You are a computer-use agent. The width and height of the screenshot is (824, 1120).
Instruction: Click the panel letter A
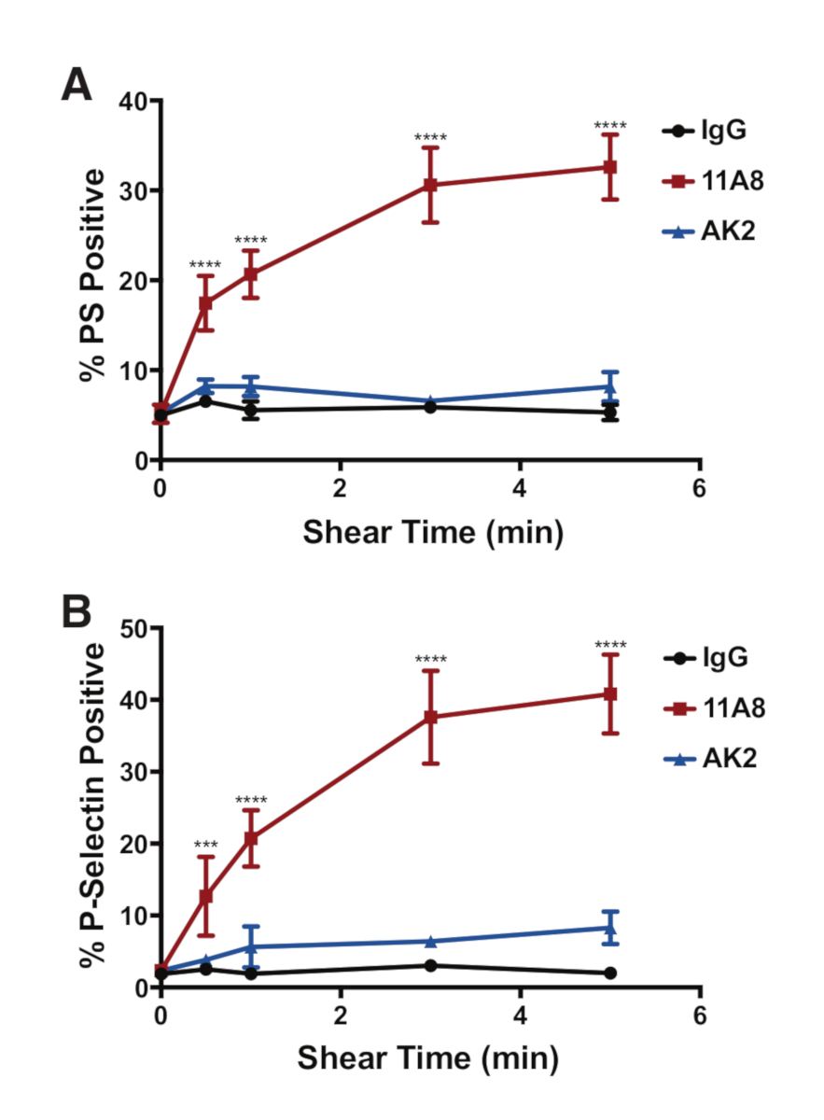click(x=77, y=86)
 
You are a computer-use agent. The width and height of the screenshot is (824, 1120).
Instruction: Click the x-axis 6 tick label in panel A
click(x=699, y=489)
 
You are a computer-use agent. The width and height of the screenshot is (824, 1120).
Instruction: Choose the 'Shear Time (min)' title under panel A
click(x=432, y=533)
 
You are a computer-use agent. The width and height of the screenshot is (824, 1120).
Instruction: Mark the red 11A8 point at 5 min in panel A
click(x=609, y=167)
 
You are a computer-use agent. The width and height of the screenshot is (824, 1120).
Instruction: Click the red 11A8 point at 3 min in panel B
click(x=430, y=717)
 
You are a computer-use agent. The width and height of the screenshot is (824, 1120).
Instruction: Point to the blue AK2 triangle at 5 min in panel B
click(x=609, y=928)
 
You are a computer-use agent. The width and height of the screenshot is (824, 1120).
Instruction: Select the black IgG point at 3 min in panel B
click(x=430, y=965)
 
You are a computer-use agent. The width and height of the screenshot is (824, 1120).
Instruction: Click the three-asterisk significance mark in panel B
click(x=205, y=846)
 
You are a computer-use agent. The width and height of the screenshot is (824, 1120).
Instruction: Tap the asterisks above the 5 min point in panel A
click(x=609, y=126)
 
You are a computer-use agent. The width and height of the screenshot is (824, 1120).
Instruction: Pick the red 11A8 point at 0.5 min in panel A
click(x=205, y=303)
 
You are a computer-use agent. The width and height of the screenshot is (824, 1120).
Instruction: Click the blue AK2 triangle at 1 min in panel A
click(x=250, y=385)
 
